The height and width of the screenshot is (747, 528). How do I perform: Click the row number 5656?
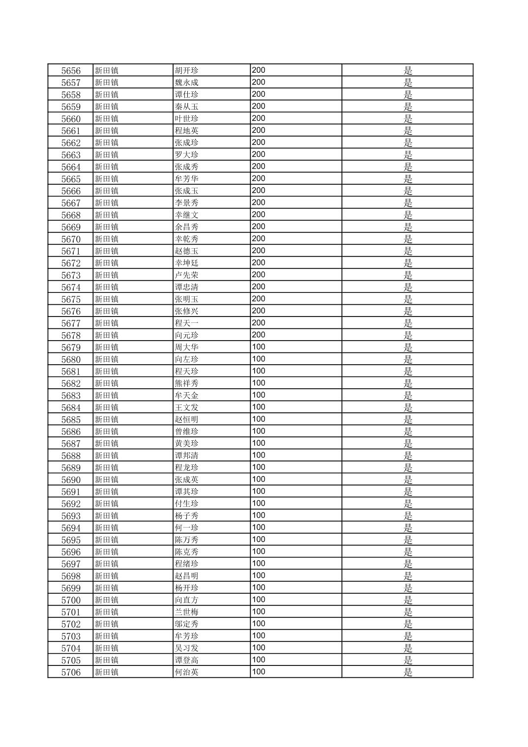[71, 71]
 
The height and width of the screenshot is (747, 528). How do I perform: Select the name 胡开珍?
[187, 71]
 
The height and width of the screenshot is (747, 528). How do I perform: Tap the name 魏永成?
[187, 83]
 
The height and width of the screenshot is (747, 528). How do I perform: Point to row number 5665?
[71, 179]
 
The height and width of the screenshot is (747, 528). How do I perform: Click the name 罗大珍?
[187, 155]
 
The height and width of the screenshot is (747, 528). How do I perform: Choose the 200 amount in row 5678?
[259, 335]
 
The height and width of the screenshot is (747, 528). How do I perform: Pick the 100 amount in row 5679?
[259, 347]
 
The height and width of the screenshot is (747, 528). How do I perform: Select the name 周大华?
[187, 347]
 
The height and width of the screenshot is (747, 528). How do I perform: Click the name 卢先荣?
[187, 275]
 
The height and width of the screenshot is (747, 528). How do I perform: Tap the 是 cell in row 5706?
[408, 672]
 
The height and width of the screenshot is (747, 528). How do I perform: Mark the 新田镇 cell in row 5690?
[107, 480]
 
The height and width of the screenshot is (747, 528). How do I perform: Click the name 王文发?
[187, 407]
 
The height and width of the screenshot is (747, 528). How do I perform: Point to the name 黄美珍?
[187, 444]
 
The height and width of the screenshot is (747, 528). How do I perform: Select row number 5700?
[71, 600]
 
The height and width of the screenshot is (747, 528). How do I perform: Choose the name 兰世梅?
[187, 612]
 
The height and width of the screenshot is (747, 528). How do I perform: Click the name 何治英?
[187, 672]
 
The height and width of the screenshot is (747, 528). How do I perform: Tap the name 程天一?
[187, 323]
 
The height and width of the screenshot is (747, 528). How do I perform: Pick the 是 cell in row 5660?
[408, 119]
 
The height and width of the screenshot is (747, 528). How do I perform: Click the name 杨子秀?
[187, 516]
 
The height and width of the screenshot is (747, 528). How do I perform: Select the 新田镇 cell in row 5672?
[107, 263]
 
